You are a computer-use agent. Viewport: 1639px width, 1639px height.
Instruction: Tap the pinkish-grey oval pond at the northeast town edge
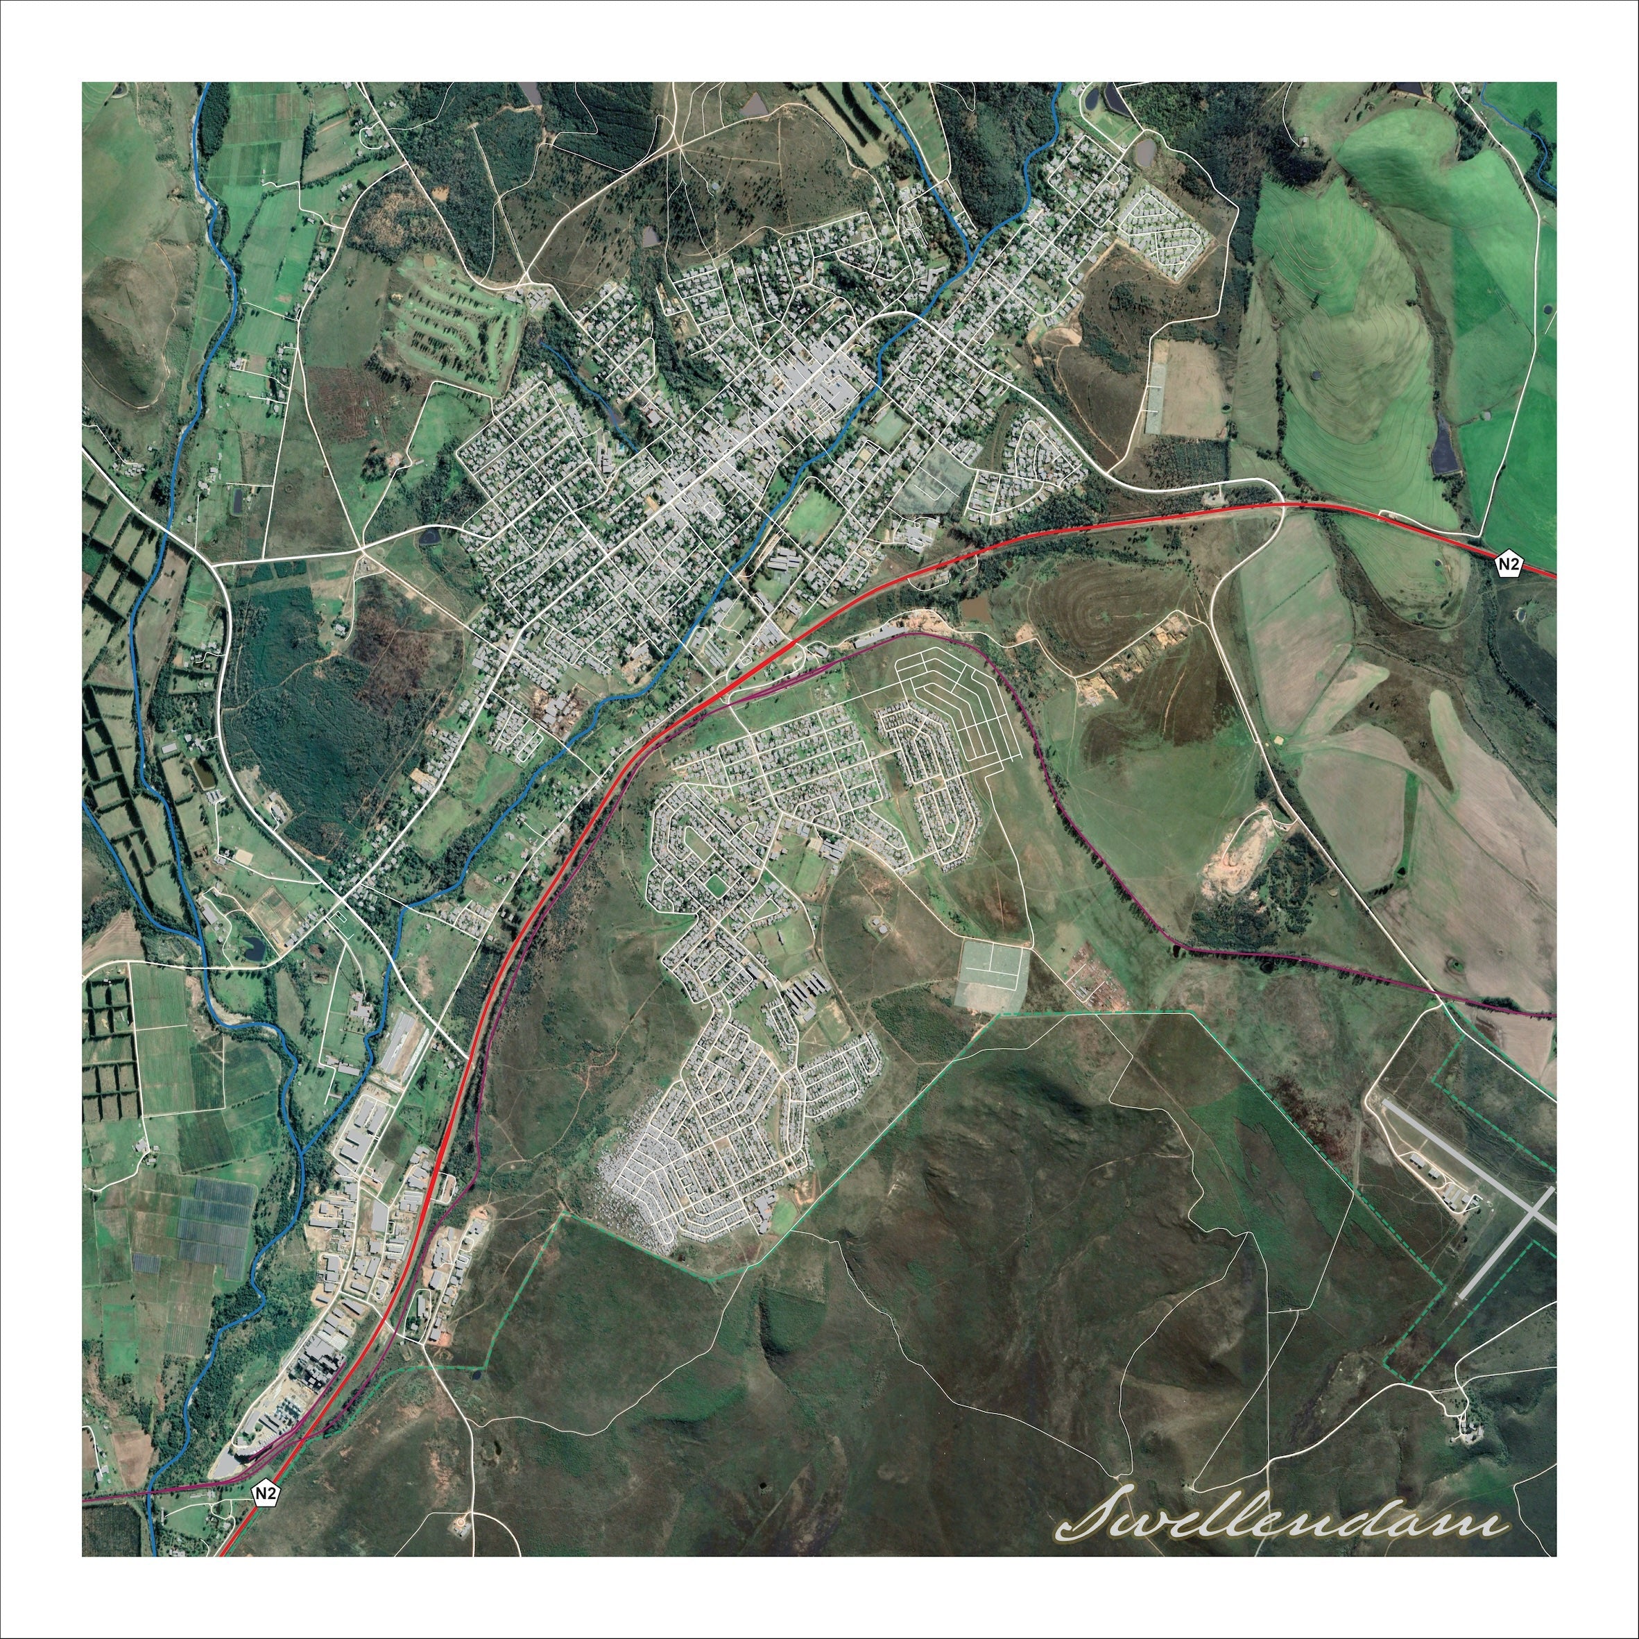click(x=1144, y=152)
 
